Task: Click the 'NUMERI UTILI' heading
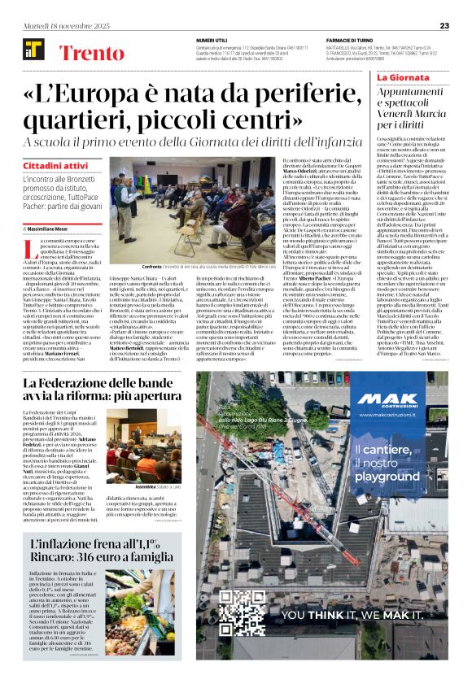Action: pyautogui.click(x=212, y=41)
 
